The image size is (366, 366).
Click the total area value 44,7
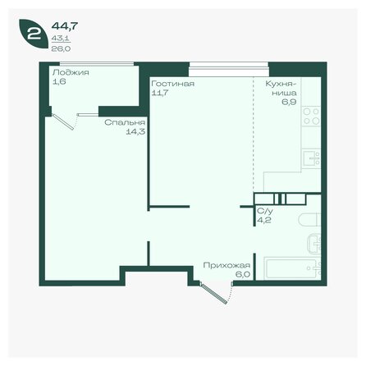62,25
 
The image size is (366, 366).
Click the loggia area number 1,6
58,82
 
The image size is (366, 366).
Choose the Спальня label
120,124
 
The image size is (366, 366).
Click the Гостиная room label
172,84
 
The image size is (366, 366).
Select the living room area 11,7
161,93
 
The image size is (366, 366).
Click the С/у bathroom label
264,211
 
